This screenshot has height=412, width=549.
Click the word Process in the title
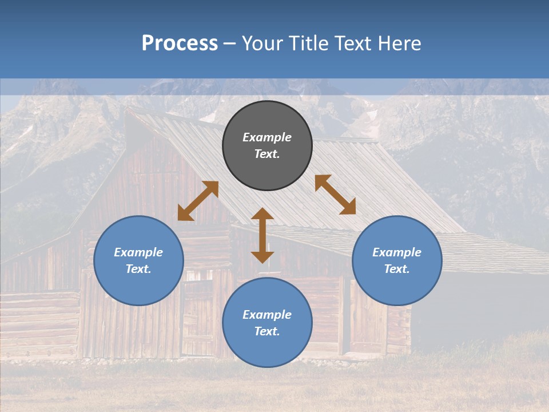(180, 43)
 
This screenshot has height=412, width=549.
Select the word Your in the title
(265, 43)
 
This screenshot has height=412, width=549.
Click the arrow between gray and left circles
(198, 201)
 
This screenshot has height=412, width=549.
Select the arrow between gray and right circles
(335, 195)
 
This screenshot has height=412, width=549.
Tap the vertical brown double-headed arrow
(262, 235)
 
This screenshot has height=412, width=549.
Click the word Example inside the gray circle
(267, 137)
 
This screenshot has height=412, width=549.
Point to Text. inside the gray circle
(267, 154)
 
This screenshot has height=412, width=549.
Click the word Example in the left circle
(138, 252)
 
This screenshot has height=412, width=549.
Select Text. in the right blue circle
(397, 269)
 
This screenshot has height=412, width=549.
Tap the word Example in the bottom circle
(267, 315)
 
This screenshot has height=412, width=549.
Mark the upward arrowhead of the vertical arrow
(262, 215)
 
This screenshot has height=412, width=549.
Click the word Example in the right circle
(397, 252)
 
